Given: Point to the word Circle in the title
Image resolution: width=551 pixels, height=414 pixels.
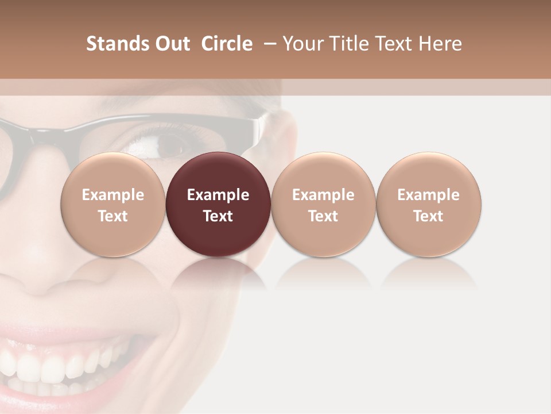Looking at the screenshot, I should [227, 44].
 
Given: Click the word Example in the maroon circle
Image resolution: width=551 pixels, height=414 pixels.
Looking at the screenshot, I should [218, 195].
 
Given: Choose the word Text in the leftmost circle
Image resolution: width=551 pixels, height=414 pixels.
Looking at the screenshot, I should [113, 216].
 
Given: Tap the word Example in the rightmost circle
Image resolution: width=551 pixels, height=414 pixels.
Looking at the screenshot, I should [429, 195].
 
